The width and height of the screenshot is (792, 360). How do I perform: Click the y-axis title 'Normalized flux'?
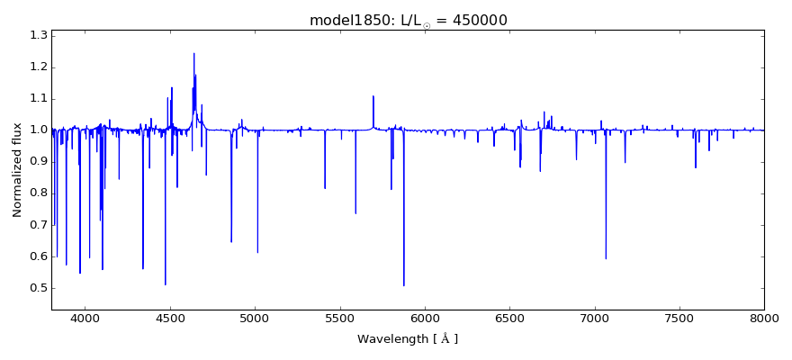[17, 170]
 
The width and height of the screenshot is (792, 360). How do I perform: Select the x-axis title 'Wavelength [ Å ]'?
[407, 339]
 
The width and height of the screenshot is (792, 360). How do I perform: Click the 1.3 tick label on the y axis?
[38, 35]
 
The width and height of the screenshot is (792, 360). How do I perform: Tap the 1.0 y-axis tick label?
[38, 130]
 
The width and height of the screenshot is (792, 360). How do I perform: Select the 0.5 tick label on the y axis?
[38, 288]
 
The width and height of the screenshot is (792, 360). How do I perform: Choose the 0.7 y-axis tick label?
[38, 225]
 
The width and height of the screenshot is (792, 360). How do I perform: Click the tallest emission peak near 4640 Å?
[193, 53]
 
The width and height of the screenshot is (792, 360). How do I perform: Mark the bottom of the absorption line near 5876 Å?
[403, 285]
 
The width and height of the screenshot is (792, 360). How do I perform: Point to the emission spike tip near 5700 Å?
[373, 96]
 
